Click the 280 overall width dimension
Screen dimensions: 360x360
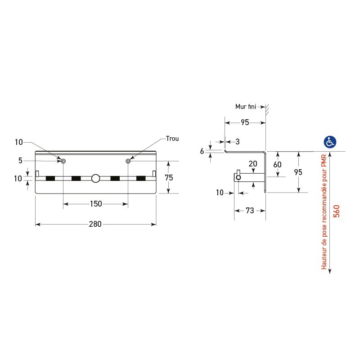point(95,224)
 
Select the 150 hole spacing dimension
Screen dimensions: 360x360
point(95,204)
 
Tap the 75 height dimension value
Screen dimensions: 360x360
point(169,178)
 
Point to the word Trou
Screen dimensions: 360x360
point(172,139)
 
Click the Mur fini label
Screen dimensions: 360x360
point(246,107)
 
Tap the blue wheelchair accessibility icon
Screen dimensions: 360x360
point(330,142)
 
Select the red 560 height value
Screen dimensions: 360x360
point(336,211)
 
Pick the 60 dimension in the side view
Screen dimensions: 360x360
point(277,165)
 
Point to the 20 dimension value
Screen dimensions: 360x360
point(252,163)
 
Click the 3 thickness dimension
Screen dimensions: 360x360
point(238,142)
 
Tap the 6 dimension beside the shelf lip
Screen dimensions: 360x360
point(202,151)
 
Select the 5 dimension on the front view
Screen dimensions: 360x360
point(20,160)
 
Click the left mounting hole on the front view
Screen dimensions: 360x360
point(63,161)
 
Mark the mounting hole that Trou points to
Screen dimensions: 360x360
point(128,161)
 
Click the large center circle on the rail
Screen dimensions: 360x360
point(95,178)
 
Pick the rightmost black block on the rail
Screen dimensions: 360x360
point(141,179)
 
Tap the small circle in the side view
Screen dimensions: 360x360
point(238,178)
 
